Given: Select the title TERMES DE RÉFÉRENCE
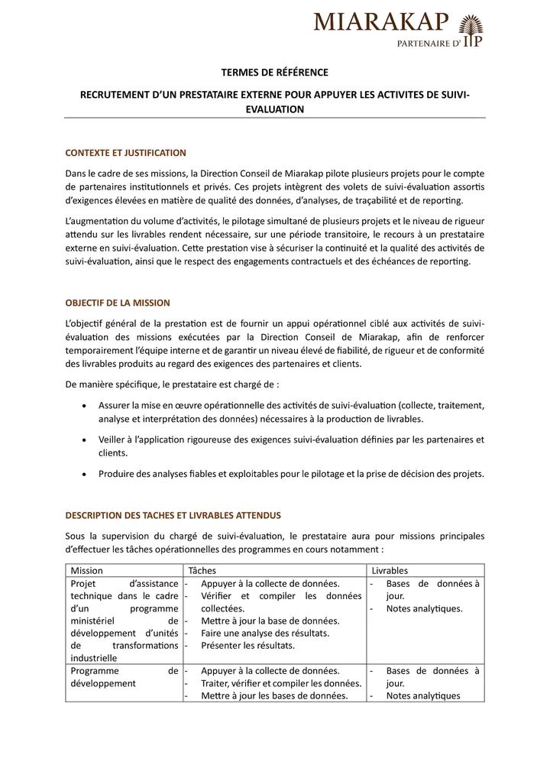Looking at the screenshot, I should (274, 73).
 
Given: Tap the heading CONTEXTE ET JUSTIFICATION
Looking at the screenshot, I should (125, 152).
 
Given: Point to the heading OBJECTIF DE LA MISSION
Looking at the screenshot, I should (117, 303).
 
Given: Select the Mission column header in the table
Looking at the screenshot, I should (86, 570).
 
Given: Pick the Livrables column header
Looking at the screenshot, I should (390, 570).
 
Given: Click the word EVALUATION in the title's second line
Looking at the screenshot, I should (274, 109).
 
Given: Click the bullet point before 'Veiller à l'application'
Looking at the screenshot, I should (82, 439).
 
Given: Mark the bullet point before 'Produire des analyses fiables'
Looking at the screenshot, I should (82, 474).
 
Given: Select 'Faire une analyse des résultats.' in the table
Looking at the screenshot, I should (264, 633).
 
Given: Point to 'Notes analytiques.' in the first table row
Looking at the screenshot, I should (424, 608).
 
